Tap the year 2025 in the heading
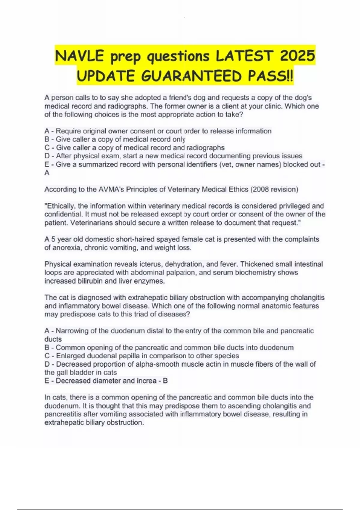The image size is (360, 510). tap(297, 56)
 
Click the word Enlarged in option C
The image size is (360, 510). tap(70, 356)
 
